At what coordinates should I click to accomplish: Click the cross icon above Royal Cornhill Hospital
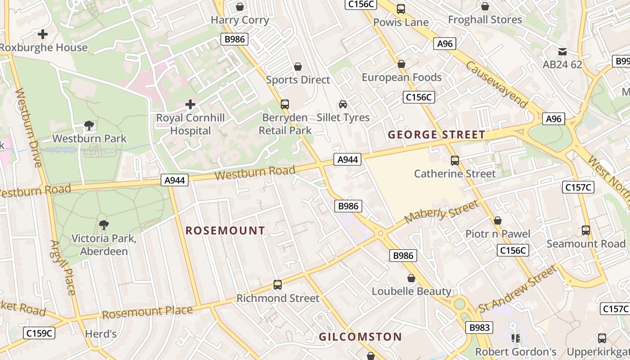coord(190,104)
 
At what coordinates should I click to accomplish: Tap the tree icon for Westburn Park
coord(89,126)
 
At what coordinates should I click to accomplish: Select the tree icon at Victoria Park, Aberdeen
coord(104,225)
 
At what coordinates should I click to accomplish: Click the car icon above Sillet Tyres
coord(343,104)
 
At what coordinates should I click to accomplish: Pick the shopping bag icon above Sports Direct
coord(297,67)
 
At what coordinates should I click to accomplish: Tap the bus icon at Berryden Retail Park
coord(284,104)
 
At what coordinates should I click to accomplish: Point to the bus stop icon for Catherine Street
coord(454,160)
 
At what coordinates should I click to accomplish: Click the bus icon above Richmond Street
coord(278,285)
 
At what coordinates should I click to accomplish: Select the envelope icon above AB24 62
coord(562,51)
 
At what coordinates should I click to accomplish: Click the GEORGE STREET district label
coord(436,135)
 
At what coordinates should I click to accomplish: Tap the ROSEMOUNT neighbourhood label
coord(225,231)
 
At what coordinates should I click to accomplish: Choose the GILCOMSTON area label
coord(360,337)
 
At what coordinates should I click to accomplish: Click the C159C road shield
coord(39,333)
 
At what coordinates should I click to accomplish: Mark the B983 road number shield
coord(479,328)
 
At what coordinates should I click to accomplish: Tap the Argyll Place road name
coord(63,267)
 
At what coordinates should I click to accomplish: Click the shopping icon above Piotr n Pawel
coord(498,220)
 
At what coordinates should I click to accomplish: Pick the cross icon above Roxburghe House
coord(43,34)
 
